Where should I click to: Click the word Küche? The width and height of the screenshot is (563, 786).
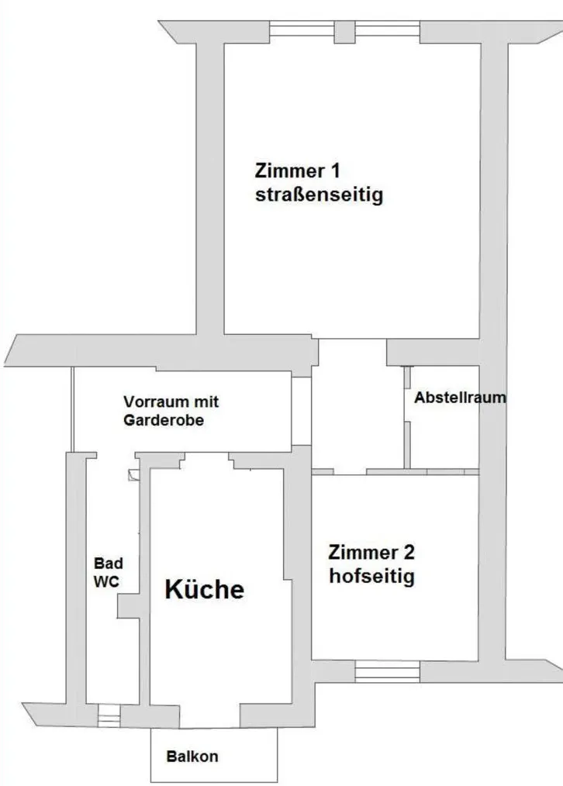205,589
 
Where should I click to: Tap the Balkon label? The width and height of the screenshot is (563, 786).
192,757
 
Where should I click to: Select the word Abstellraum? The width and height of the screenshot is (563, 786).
460,398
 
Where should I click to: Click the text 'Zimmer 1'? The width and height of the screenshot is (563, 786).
297,171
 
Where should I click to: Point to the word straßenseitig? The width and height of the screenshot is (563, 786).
319,195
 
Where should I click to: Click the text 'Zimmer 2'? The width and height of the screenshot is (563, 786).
371,553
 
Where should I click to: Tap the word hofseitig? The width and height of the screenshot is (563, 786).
371,576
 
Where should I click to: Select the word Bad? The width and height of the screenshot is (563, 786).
109,564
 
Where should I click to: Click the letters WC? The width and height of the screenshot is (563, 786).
106,581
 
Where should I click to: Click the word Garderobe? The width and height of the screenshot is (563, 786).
164,419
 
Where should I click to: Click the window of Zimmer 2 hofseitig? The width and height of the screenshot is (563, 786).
387,671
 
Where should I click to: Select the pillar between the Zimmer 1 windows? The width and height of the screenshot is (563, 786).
344,32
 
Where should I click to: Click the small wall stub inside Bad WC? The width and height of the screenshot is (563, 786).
128,606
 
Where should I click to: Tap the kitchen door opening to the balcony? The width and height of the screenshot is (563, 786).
209,716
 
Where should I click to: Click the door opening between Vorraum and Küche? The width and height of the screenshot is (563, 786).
207,460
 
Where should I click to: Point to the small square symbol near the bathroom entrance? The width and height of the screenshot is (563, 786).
134,475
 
